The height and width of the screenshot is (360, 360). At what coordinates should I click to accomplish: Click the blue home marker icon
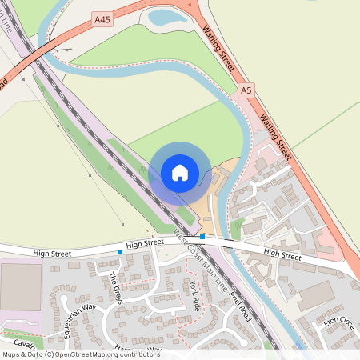click(180, 173)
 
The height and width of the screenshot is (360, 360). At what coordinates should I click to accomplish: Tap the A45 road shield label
click(102, 18)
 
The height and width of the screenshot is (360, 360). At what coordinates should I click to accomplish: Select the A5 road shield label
click(246, 91)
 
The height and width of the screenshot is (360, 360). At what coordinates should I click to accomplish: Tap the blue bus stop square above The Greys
click(120, 252)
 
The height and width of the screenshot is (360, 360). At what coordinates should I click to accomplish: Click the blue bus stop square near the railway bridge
click(202, 237)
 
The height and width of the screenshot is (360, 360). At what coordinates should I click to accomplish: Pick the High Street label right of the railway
click(282, 255)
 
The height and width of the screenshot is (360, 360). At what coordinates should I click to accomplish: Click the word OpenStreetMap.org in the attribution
click(85, 354)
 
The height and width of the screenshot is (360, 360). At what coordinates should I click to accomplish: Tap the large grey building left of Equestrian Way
click(21, 287)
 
